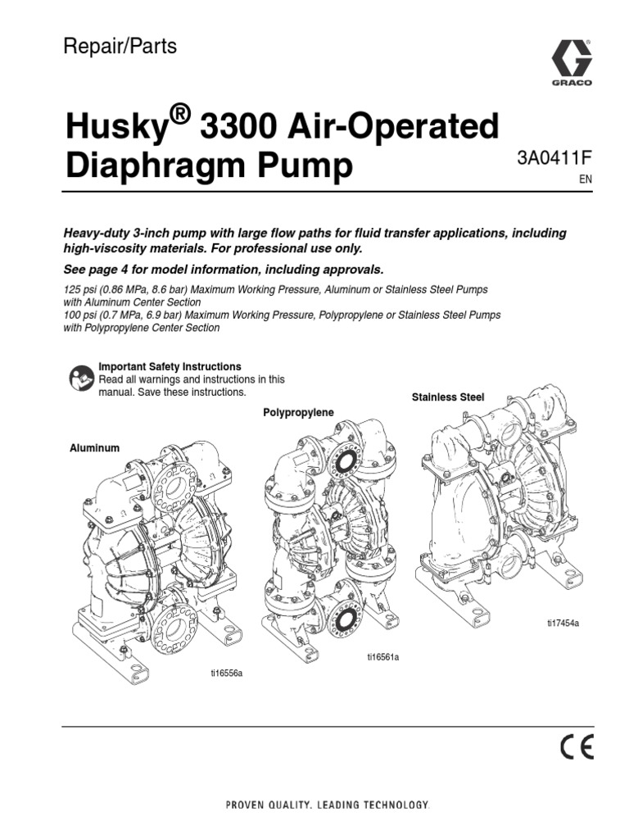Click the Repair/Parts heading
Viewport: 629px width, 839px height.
[120, 47]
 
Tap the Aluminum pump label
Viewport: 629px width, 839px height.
[94, 448]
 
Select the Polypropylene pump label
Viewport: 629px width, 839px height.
[298, 412]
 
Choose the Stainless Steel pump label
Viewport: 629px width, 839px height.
[447, 397]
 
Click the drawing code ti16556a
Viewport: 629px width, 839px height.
[228, 673]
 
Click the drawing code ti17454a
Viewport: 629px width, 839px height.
[563, 622]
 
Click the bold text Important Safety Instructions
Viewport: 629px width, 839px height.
[170, 366]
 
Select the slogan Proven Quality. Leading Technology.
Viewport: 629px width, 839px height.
[327, 805]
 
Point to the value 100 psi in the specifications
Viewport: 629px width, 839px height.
[81, 315]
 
